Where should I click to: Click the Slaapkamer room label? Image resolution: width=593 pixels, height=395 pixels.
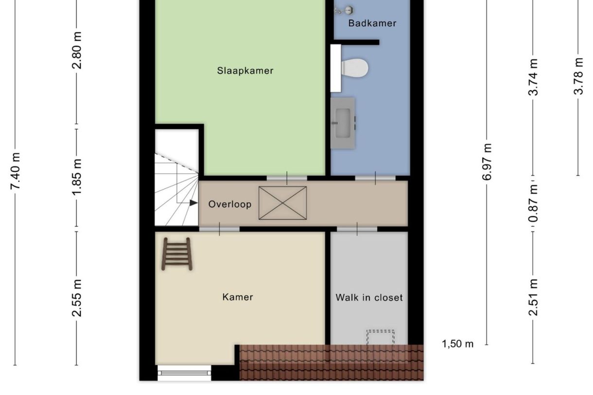(245, 71)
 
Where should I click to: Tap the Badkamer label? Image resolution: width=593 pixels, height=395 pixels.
(372, 23)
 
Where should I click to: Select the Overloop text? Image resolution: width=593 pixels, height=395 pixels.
(230, 205)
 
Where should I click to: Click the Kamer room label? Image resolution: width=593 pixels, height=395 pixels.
(238, 297)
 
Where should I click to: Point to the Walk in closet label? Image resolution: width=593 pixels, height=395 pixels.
(369, 297)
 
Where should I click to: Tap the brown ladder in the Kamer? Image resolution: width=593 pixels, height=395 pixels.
(177, 254)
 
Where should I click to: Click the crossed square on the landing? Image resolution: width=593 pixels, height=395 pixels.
(282, 203)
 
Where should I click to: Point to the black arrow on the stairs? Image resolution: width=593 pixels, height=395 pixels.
(193, 203)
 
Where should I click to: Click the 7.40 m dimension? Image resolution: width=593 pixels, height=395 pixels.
(16, 171)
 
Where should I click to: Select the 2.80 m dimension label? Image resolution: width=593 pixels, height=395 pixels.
(77, 51)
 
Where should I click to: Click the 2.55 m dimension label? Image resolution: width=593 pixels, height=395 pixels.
(77, 298)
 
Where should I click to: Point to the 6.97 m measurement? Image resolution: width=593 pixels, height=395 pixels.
(488, 162)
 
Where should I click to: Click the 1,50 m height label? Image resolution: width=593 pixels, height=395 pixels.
(457, 344)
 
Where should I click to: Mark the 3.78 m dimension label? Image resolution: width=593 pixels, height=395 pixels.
(578, 76)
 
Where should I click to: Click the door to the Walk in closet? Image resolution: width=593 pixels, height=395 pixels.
(357, 229)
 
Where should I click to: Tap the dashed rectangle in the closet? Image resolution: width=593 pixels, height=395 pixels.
(380, 337)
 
